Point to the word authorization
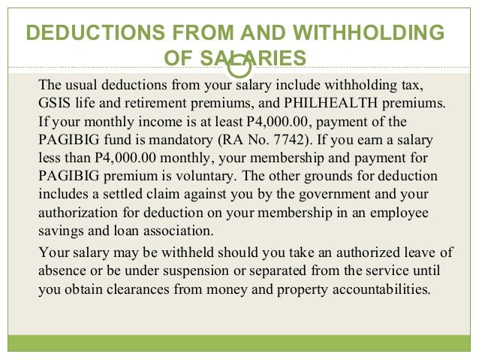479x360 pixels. [75, 213]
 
